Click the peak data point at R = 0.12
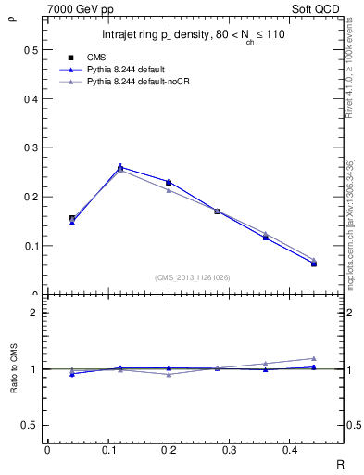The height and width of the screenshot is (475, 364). [x=120, y=167]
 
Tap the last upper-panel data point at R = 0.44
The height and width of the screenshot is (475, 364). [x=314, y=263]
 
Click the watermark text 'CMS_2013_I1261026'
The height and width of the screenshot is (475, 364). [x=194, y=277]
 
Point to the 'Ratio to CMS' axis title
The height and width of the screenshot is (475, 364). [x=14, y=369]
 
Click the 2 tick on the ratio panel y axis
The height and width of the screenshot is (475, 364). [x=33, y=314]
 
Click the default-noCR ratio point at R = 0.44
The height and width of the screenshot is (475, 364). [x=314, y=358]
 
